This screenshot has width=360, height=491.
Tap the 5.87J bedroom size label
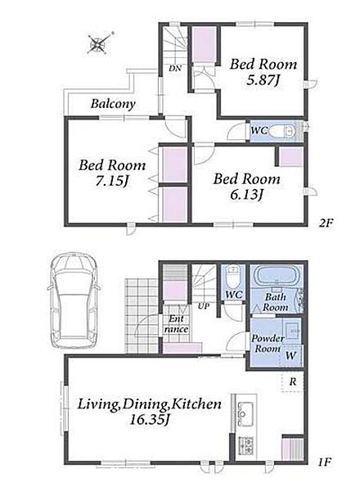coord(263,80)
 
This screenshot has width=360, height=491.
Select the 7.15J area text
coord(112,181)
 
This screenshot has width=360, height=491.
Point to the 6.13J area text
coord(246,195)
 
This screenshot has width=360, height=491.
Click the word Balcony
coord(113,104)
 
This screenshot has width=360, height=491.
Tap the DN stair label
coord(174,68)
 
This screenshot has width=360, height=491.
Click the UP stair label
coord(204,306)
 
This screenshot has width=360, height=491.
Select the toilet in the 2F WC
coord(282,131)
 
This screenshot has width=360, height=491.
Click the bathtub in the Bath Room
coord(277,277)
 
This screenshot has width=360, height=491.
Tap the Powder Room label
coord(268,343)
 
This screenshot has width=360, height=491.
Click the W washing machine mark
coord(290,355)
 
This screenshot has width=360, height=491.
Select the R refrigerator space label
coord(293,381)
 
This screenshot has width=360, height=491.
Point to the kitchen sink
coord(245,413)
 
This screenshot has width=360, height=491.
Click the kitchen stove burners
coord(246,445)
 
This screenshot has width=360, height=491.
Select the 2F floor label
coord(326,223)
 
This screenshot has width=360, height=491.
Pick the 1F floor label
coord(324,462)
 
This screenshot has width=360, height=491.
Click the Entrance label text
coord(176,324)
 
